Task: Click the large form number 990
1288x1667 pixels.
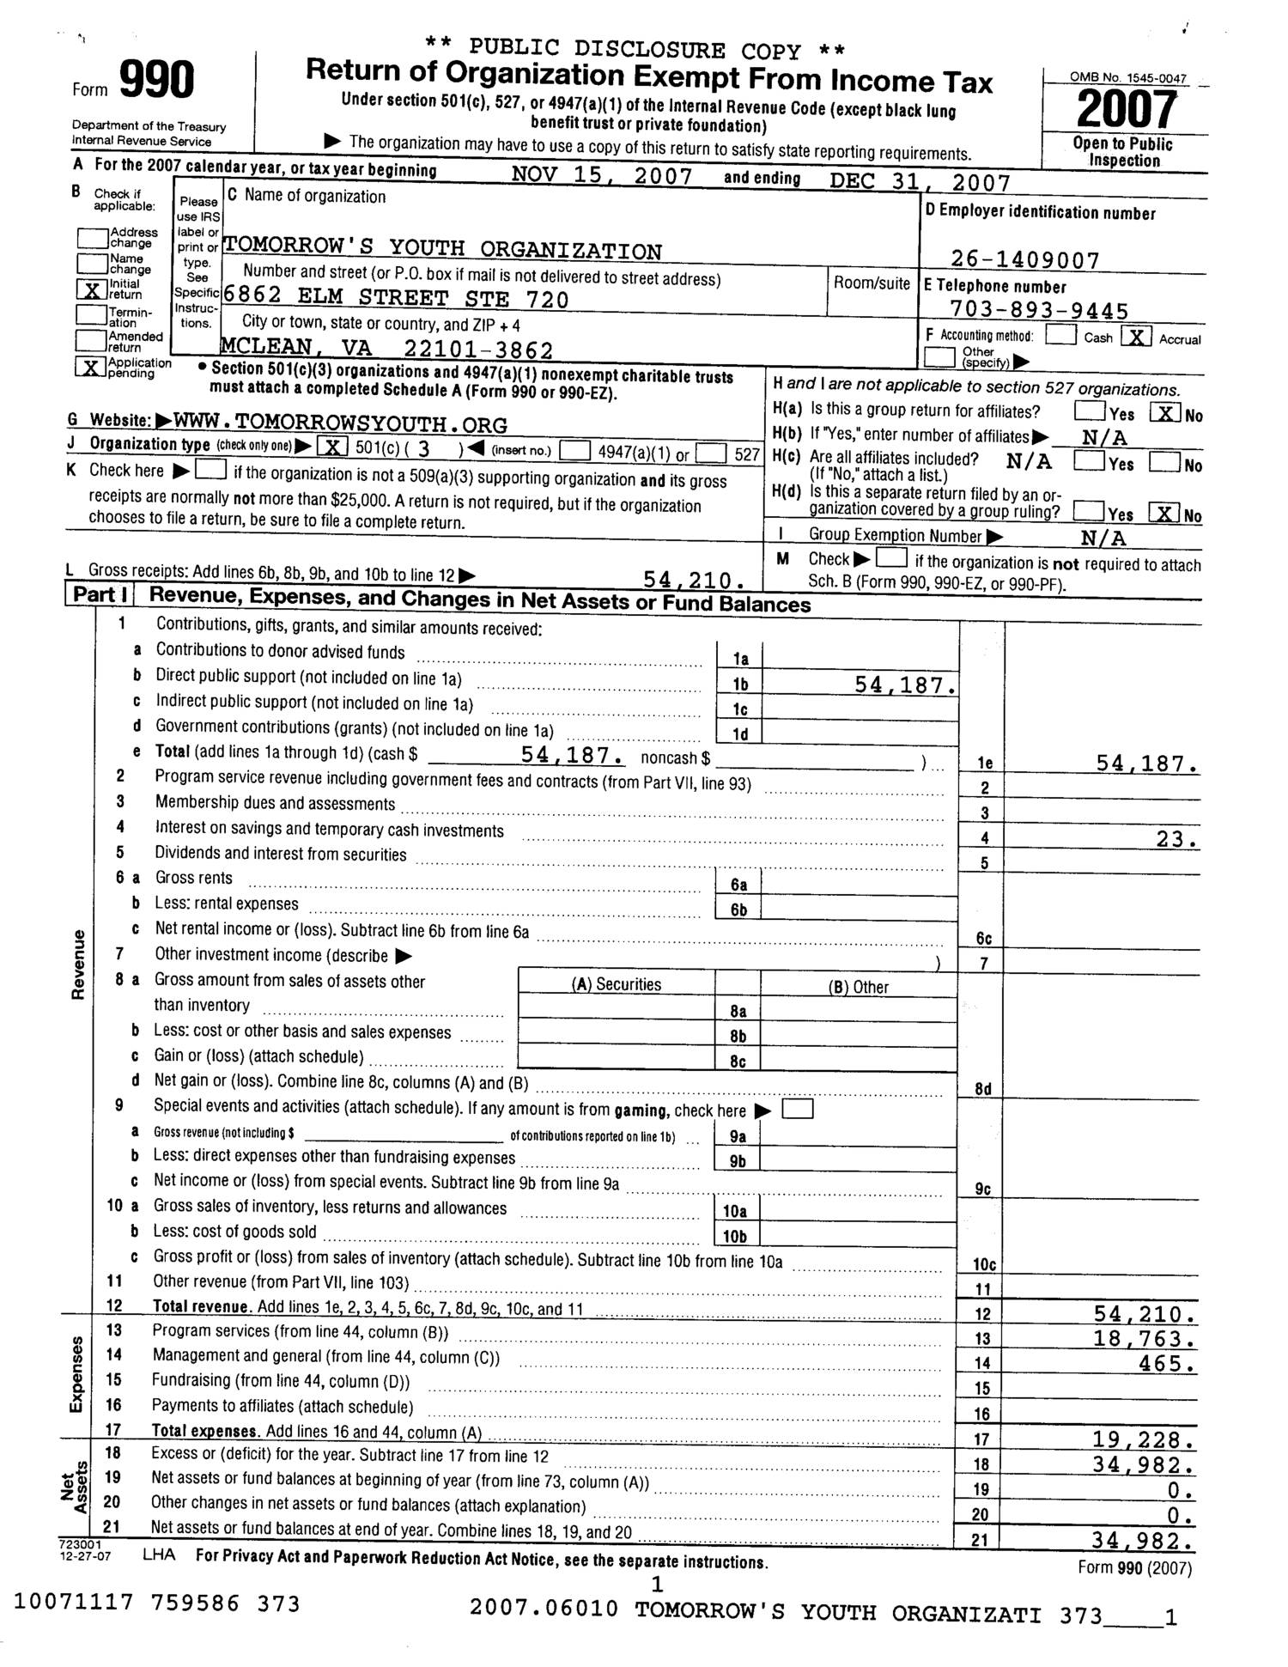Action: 156,82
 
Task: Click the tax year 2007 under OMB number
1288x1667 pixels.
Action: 1127,110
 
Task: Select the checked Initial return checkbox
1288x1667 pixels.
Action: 91,289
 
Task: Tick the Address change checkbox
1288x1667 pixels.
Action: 91,237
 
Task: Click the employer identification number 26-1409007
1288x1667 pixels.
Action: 1024,259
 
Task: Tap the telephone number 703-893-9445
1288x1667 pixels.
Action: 1039,310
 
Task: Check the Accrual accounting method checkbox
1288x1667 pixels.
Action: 1135,337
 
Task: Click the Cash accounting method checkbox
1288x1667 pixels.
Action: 1061,336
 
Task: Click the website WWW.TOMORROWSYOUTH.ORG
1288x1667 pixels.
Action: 340,424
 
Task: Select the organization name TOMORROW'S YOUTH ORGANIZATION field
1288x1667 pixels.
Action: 442,250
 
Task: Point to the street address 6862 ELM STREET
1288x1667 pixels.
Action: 396,299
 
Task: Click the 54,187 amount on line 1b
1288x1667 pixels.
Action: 905,684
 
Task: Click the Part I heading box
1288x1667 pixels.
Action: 100,594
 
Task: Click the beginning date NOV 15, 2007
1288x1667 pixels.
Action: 601,176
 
